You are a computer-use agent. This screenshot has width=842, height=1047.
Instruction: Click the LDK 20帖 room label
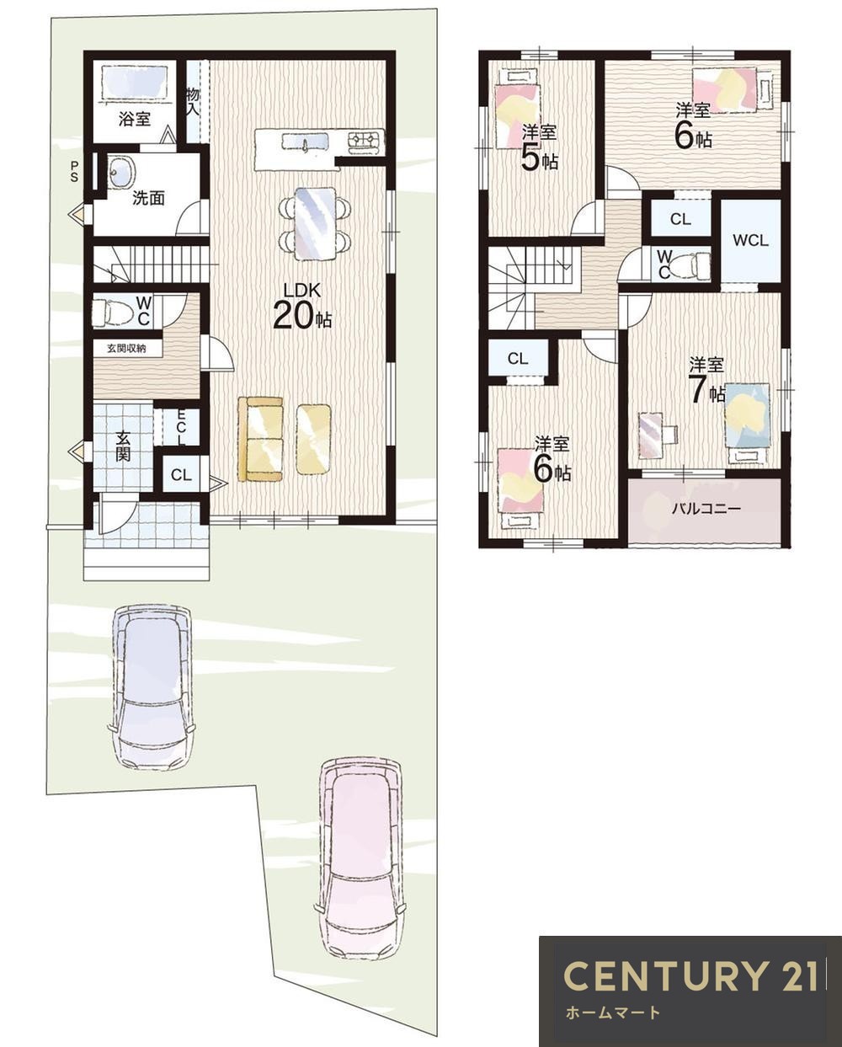[x=302, y=307]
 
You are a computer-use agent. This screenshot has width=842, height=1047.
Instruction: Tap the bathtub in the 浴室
[x=133, y=83]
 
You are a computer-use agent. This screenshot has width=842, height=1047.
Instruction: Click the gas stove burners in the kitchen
[x=365, y=142]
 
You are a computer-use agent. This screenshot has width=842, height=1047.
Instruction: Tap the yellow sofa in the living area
[x=260, y=440]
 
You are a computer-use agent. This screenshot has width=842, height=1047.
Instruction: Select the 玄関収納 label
[x=127, y=348]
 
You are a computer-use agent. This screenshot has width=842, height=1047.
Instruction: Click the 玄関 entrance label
[x=123, y=446]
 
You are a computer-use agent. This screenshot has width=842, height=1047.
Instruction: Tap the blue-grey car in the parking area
[x=152, y=687]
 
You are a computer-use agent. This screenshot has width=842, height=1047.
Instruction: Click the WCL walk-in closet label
[x=750, y=240]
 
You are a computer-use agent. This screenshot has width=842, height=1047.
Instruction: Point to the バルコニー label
[x=706, y=510]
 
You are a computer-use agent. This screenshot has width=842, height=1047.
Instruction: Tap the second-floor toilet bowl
[x=692, y=264]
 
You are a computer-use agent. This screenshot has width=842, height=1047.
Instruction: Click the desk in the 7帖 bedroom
[x=650, y=435]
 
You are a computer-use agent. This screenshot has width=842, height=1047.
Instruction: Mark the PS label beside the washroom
[x=74, y=172]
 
